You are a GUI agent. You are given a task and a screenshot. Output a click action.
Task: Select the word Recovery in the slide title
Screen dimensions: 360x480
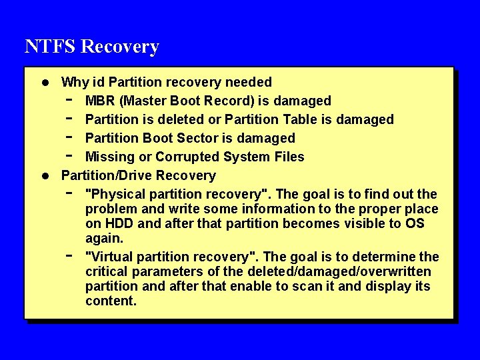pos(120,47)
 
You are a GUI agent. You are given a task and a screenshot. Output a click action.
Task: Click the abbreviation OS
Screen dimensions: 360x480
pos(415,223)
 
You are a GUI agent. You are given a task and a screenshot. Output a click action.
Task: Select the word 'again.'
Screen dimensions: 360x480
pos(105,238)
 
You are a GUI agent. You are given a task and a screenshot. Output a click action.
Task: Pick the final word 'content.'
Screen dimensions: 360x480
pos(111,301)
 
